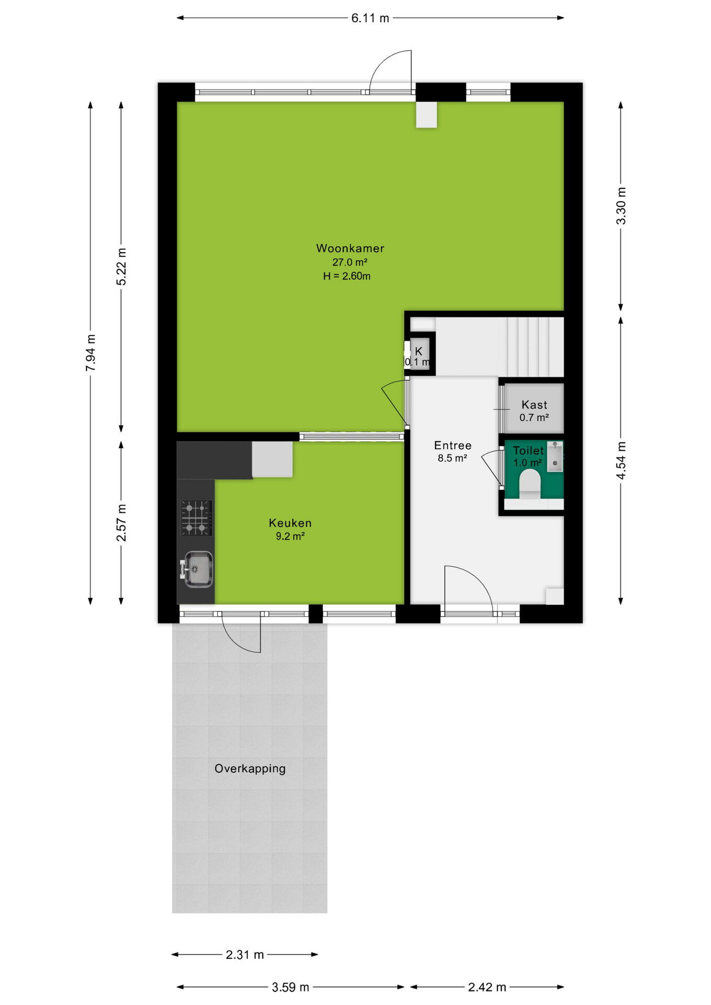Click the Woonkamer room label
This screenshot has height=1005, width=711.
350,248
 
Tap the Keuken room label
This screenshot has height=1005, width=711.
290,523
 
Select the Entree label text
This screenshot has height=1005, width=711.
453,445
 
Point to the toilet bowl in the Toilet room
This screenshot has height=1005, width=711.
530,483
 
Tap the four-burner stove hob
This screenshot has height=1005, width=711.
196,518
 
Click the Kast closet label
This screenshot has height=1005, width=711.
535,405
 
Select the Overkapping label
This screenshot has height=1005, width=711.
250,769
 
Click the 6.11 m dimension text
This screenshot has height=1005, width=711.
370,18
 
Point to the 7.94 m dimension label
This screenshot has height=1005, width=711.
91,353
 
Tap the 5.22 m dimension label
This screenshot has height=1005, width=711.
121,267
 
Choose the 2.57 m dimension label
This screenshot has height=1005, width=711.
121,523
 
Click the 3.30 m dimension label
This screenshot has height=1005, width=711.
621,206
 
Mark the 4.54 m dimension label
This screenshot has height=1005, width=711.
621,460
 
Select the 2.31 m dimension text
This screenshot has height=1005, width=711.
245,955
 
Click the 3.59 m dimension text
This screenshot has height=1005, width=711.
291,987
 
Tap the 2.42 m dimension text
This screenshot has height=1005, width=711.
487,987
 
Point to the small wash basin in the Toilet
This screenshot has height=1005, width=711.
555,456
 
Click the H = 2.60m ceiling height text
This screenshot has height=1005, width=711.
347,276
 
